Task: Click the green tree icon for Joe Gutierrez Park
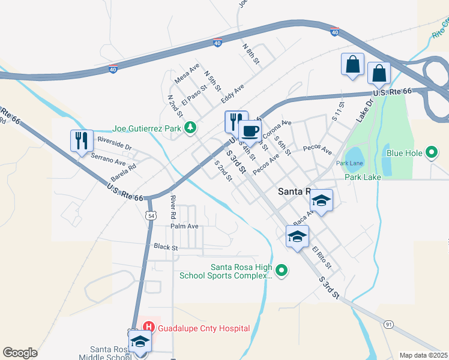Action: click(x=190, y=127)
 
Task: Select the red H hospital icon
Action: click(x=148, y=328)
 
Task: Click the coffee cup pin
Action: click(x=250, y=131)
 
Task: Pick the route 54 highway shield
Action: click(x=150, y=215)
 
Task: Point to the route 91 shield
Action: click(x=389, y=325)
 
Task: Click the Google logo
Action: click(x=20, y=353)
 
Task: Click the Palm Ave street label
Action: click(x=184, y=226)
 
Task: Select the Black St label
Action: click(x=166, y=247)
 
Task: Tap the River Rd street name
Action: click(x=172, y=206)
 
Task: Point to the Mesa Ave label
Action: click(x=186, y=73)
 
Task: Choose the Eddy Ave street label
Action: click(x=232, y=93)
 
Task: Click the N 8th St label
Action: click(x=251, y=54)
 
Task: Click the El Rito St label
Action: click(x=322, y=256)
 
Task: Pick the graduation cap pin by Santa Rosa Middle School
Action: click(x=140, y=342)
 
